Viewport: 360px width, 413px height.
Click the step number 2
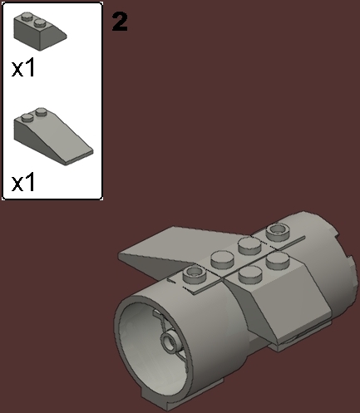coord(120,22)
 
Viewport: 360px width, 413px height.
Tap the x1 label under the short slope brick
coord(24,68)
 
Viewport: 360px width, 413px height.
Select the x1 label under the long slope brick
coord(24,182)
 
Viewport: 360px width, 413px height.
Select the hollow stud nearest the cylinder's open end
coord(193,273)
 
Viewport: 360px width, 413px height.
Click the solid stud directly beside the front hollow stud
coord(220,258)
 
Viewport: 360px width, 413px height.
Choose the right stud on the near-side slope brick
coord(272,261)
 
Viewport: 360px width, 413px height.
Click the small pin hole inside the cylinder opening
coord(171,341)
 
